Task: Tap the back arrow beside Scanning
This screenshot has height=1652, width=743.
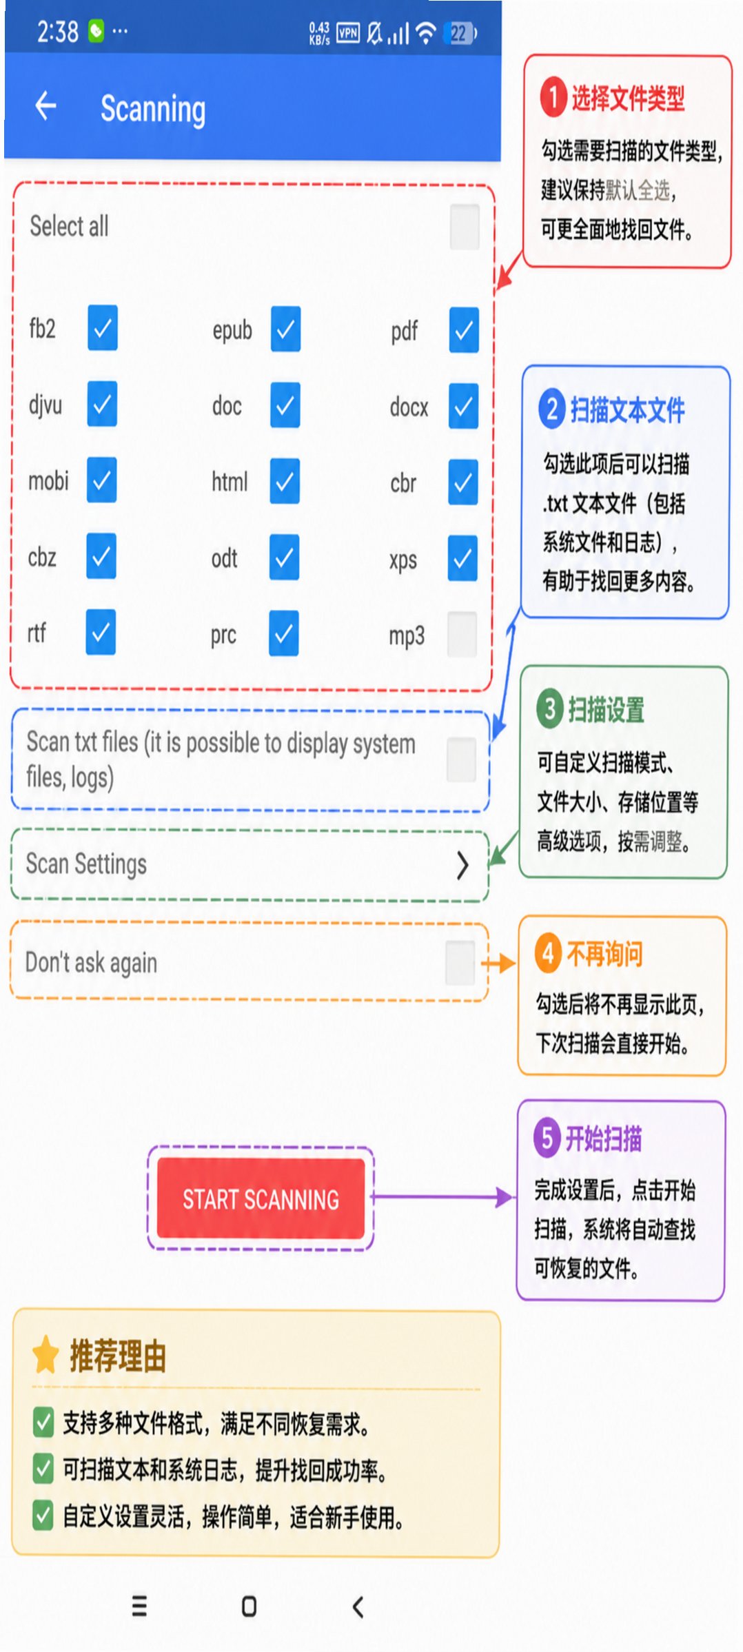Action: pos(45,105)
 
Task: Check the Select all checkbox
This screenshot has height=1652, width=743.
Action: pos(464,226)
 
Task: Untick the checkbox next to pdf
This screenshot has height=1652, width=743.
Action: pos(464,329)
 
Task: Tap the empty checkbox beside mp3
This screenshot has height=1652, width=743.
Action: pos(462,634)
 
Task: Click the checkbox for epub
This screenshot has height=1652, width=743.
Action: pos(285,329)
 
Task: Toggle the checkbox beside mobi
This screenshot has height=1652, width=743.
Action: pos(101,480)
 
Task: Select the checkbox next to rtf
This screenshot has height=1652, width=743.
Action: pos(101,632)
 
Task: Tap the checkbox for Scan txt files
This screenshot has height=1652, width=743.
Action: pos(461,759)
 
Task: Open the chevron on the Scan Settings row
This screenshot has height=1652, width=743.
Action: pos(463,865)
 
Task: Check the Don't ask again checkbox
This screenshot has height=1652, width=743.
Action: pos(460,963)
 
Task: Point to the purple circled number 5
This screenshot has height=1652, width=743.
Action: pos(547,1138)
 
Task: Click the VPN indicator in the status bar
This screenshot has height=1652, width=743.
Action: pos(348,32)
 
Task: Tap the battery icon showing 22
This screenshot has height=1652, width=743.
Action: pos(461,32)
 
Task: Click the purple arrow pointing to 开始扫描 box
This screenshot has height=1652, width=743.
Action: pos(443,1197)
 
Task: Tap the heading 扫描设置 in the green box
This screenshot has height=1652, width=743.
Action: pos(607,709)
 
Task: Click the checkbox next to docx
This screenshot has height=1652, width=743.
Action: pos(464,405)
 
